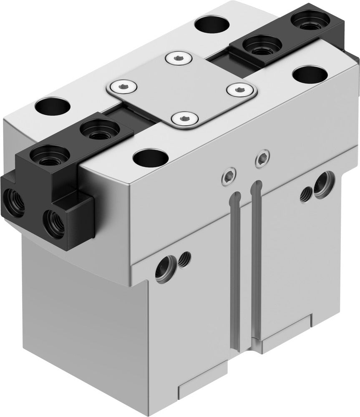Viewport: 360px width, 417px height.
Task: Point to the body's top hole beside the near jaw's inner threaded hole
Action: click(53, 106)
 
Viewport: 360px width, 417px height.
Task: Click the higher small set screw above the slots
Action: click(262, 158)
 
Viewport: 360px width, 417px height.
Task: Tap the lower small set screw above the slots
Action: click(228, 178)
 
